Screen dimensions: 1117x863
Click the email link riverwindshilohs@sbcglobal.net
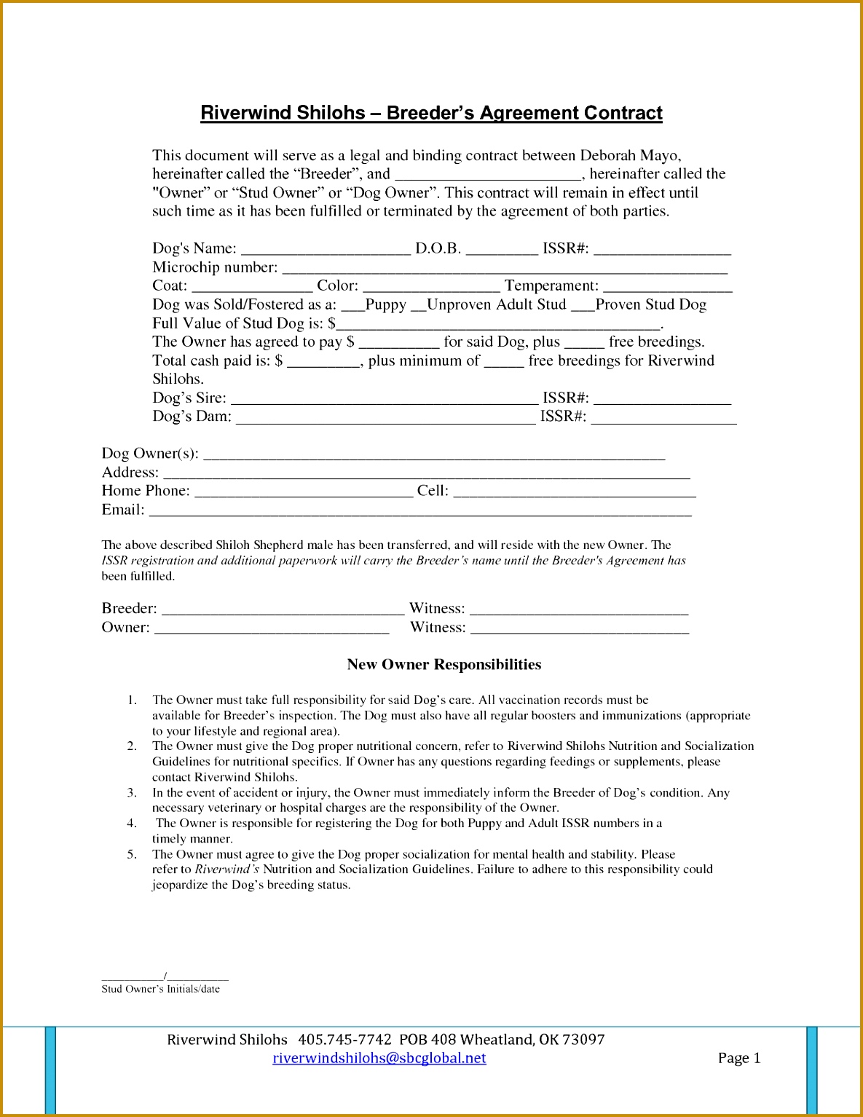click(x=379, y=1058)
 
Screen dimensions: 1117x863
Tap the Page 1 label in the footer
click(x=738, y=1058)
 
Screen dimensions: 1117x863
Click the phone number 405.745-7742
click(x=344, y=1039)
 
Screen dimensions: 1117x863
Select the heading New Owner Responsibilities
click(x=444, y=664)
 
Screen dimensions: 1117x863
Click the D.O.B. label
click(x=438, y=248)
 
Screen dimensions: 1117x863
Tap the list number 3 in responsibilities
click(x=132, y=792)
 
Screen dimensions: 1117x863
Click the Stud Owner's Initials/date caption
click(x=160, y=989)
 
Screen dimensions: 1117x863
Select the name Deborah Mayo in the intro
click(x=630, y=155)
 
